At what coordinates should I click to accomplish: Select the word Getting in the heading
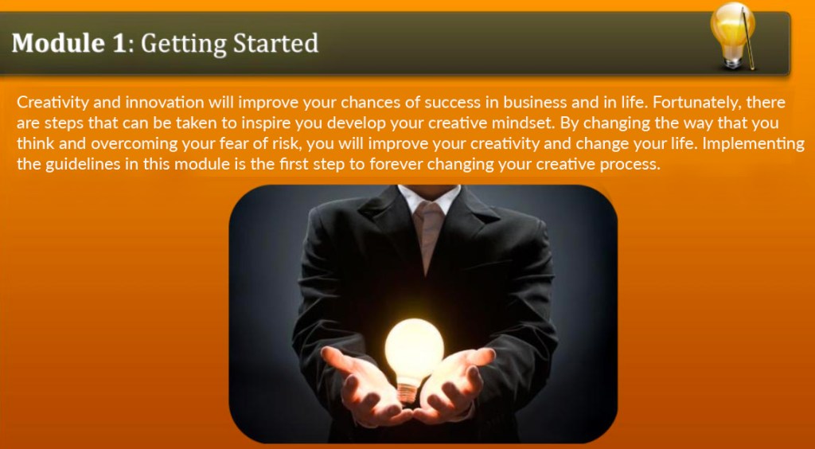pyautogui.click(x=183, y=44)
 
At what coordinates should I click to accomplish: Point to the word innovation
pyautogui.click(x=165, y=103)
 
